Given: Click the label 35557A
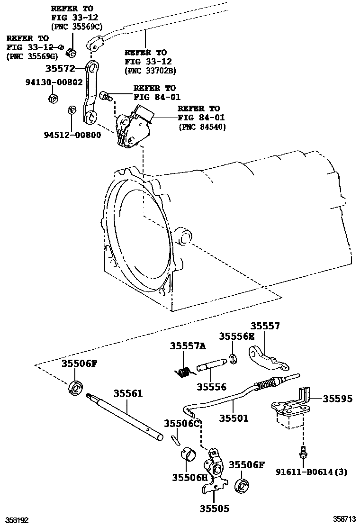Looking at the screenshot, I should (x=188, y=347).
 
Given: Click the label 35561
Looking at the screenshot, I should (x=128, y=394).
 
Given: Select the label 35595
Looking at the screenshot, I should (x=338, y=400).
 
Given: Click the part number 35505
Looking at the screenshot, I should (x=214, y=509).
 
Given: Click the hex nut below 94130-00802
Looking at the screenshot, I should (x=53, y=99).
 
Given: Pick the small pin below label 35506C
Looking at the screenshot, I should (x=175, y=439).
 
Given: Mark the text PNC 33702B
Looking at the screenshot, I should (x=150, y=71).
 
